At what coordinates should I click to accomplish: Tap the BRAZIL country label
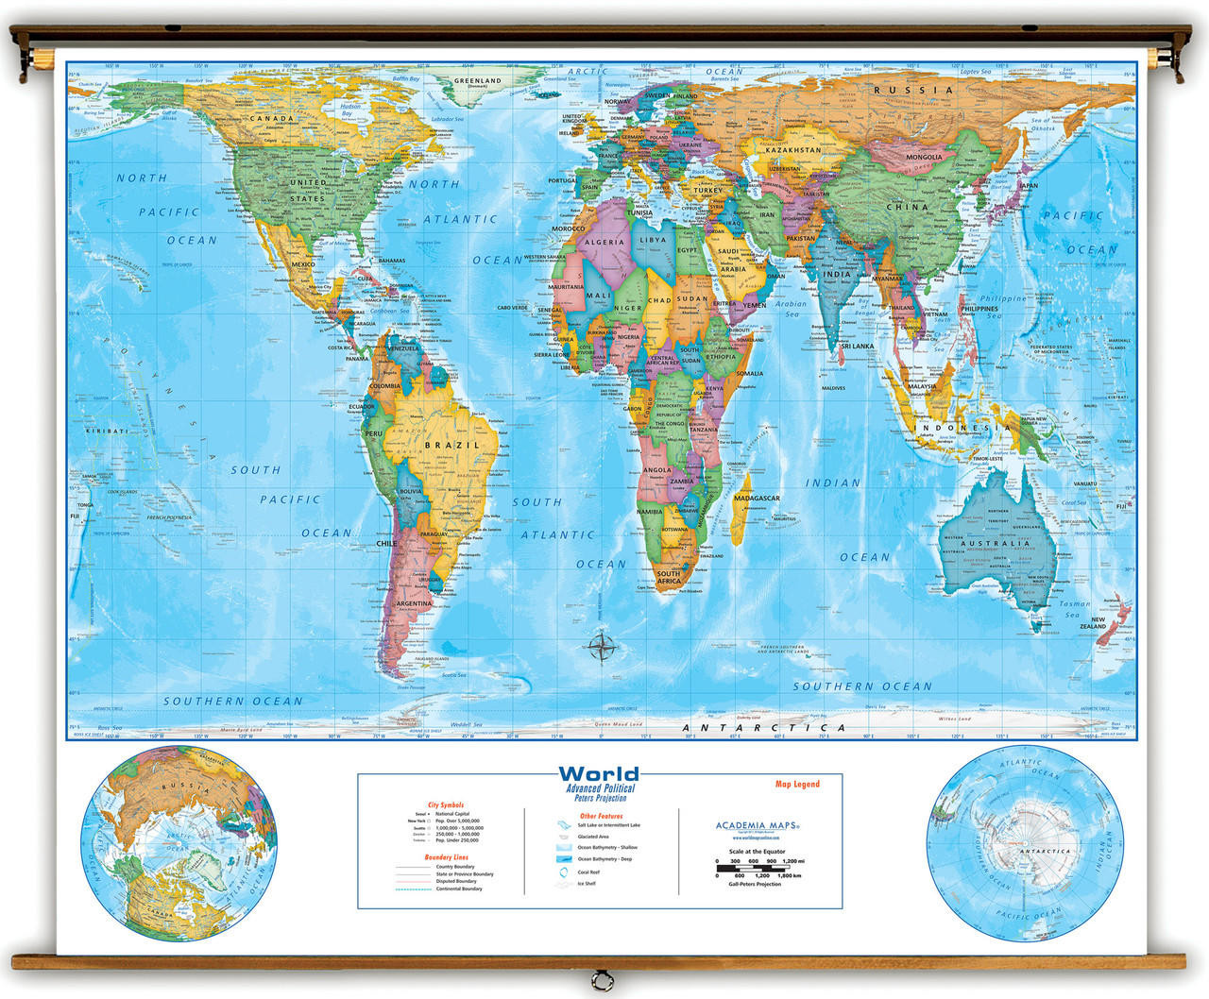tap(452, 445)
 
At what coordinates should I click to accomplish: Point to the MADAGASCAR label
tap(757, 498)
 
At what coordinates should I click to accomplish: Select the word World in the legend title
tap(599, 774)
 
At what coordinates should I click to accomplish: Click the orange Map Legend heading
tap(797, 784)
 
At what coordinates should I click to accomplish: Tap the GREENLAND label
tap(477, 81)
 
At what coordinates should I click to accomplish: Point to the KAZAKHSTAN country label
tap(792, 150)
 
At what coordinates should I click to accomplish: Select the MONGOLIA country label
tap(924, 157)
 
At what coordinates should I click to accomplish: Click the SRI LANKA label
tap(857, 347)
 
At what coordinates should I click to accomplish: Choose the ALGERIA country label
tap(604, 242)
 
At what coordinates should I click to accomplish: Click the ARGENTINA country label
tap(415, 602)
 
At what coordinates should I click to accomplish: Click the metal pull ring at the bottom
tap(594, 977)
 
